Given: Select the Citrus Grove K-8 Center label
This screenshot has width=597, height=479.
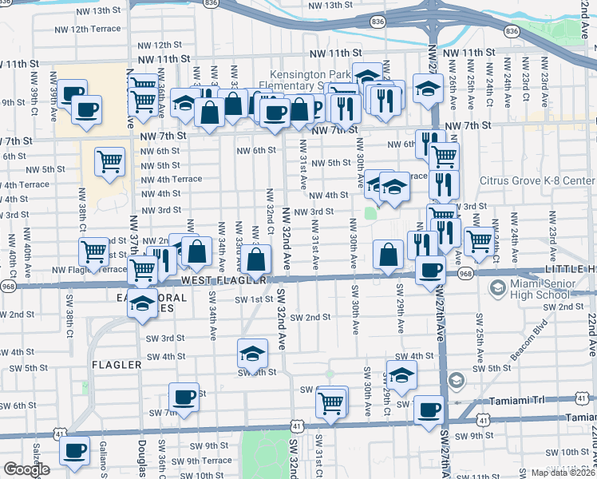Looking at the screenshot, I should point(537,180).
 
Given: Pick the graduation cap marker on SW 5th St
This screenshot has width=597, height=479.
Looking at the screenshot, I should point(251,352).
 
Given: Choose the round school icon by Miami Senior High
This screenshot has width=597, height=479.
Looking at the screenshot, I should point(498,287).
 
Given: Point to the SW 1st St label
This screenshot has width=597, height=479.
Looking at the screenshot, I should point(254,299).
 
